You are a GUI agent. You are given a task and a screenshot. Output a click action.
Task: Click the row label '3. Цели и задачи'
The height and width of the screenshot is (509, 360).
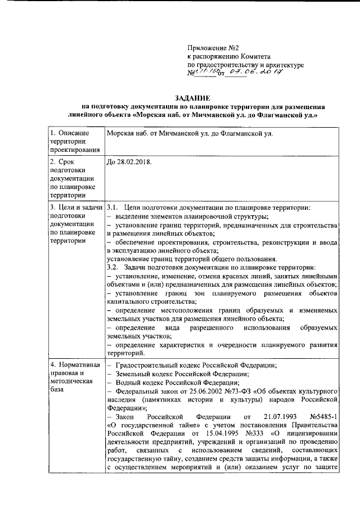coord(75,208)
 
